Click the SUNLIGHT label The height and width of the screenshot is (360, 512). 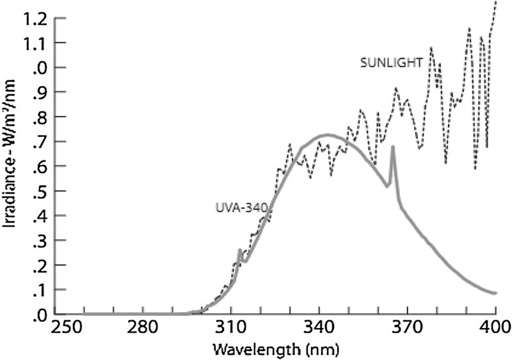pyautogui.click(x=390, y=62)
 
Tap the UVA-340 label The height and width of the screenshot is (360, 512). pyautogui.click(x=235, y=207)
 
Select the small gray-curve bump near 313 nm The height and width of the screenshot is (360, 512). pyautogui.click(x=239, y=250)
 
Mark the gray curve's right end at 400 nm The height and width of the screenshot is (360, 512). pyautogui.click(x=495, y=293)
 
